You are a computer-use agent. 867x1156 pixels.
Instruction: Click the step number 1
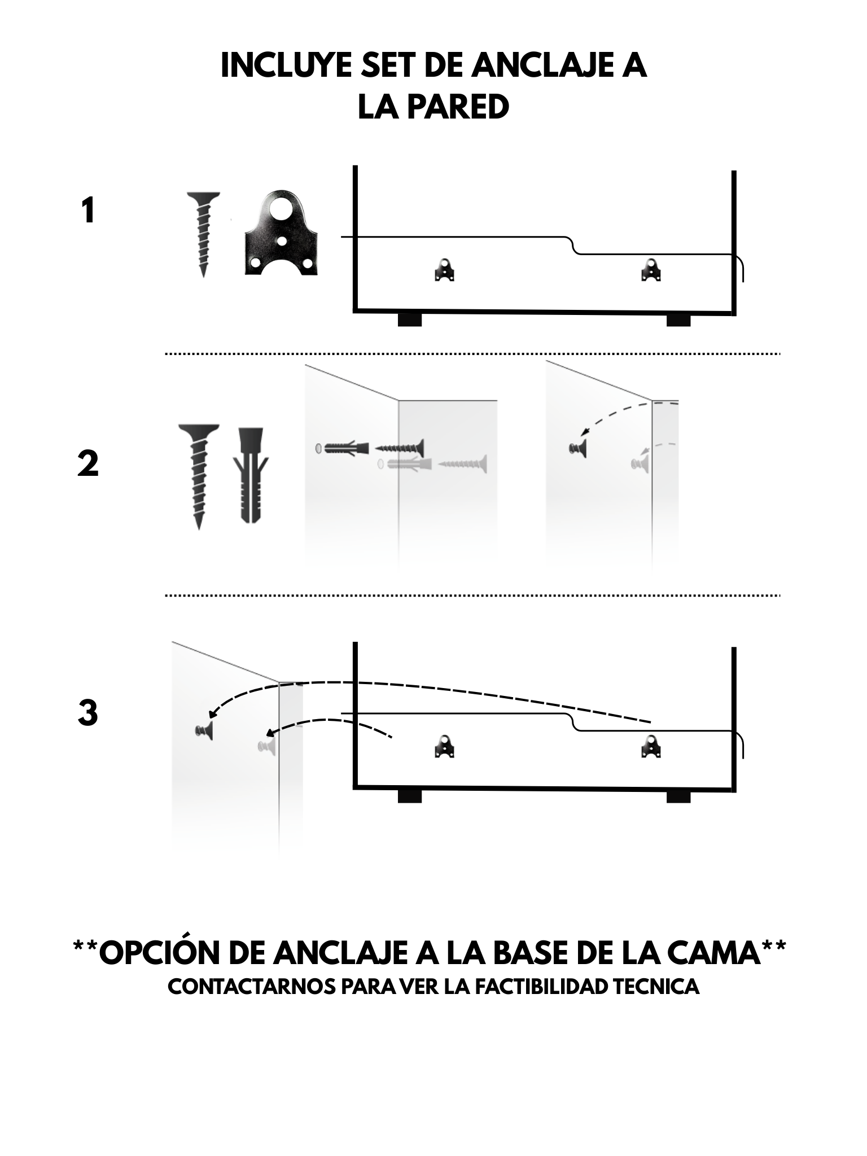87,211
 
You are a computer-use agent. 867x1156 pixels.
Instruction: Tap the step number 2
87,463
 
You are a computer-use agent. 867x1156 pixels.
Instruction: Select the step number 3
87,712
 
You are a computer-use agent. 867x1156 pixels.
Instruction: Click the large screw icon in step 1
203,233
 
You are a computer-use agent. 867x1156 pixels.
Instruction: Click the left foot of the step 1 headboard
410,319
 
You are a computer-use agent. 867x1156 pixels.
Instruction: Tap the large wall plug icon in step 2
251,474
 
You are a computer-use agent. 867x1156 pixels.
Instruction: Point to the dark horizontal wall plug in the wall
341,449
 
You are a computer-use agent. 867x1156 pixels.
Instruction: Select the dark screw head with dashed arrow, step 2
577,449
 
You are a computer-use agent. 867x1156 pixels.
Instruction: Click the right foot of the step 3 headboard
678,796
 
